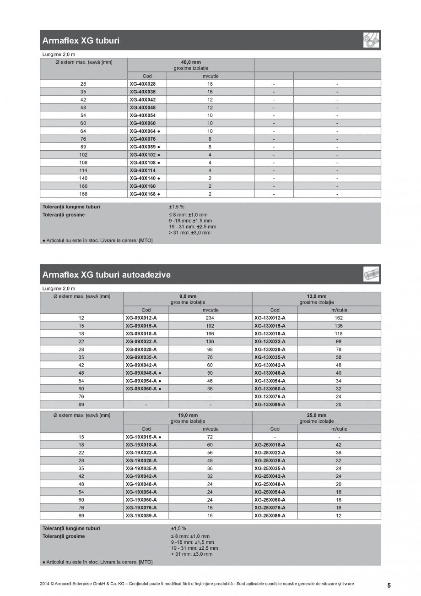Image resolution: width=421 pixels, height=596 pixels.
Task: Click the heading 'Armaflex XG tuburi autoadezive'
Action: (106, 275)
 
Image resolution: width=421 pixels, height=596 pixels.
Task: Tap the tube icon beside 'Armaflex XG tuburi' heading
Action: (371, 41)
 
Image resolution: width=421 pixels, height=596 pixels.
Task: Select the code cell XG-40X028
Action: (142, 84)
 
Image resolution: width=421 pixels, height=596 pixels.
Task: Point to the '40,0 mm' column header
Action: (191, 62)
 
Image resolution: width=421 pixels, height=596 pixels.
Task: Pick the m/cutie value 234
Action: (210, 317)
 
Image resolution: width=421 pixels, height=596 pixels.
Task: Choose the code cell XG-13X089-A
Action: (270, 405)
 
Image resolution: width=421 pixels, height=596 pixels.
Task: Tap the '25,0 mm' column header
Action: (316, 415)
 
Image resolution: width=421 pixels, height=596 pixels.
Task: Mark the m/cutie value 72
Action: (210, 437)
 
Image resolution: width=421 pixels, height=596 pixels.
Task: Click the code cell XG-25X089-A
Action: (270, 515)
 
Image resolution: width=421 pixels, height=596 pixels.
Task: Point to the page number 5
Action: (389, 585)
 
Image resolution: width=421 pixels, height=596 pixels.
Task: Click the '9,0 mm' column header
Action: (188, 296)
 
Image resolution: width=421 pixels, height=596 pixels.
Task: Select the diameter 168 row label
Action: (83, 194)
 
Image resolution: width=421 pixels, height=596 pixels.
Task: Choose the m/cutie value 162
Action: (339, 317)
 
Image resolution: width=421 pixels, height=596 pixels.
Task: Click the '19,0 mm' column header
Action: (188, 415)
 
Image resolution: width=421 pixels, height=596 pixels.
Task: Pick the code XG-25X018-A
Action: (270, 445)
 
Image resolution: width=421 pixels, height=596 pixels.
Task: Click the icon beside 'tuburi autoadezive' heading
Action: (371, 275)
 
